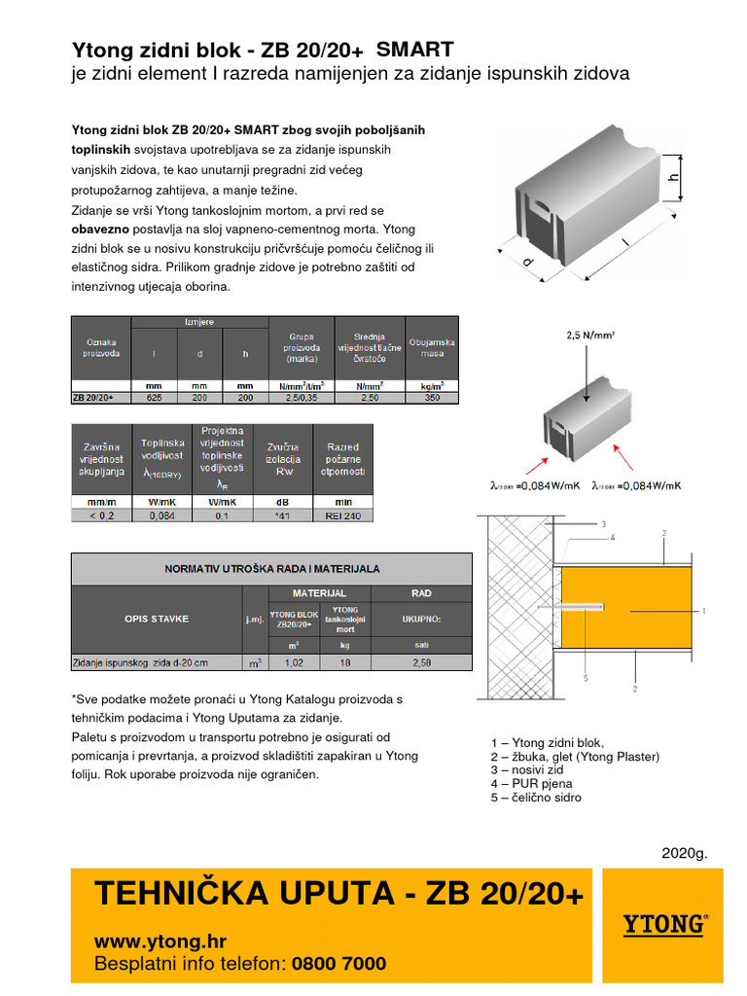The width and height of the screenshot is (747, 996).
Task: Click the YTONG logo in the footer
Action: (x=665, y=923)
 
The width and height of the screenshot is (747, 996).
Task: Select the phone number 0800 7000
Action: (x=339, y=964)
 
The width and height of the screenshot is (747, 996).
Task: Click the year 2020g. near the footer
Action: (x=685, y=853)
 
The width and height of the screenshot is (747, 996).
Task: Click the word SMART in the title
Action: (x=414, y=50)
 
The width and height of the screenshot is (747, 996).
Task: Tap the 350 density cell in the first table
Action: (x=432, y=398)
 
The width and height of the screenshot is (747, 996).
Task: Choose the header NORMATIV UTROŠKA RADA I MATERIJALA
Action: (x=271, y=569)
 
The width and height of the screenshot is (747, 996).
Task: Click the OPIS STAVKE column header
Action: (x=157, y=619)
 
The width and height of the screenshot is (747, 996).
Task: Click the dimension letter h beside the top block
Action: (x=672, y=178)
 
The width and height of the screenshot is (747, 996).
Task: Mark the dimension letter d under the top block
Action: (x=529, y=262)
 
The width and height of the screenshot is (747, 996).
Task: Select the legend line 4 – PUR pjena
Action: (x=532, y=783)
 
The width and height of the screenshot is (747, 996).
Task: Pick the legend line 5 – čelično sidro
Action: (x=537, y=798)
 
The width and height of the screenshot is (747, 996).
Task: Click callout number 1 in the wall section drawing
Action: (x=702, y=610)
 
